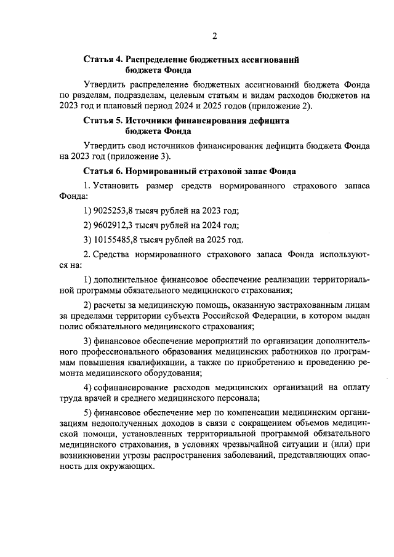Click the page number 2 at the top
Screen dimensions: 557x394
[215, 35]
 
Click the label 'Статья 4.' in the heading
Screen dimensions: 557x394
[102, 60]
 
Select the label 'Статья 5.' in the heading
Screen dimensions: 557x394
[102, 121]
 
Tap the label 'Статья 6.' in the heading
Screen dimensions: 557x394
[102, 170]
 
